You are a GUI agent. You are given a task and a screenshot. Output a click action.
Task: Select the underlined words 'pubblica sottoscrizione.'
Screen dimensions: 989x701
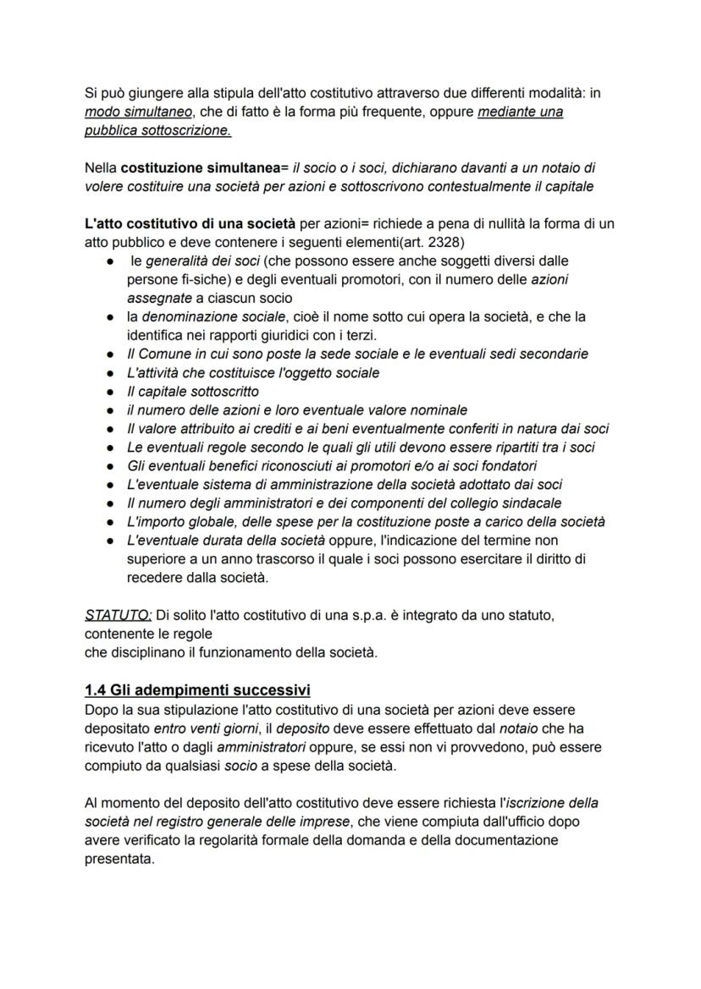click(157, 131)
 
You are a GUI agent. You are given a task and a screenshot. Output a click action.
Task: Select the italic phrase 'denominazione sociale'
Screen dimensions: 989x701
click(211, 316)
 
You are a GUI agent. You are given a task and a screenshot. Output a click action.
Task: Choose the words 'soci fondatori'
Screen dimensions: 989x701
click(498, 465)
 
